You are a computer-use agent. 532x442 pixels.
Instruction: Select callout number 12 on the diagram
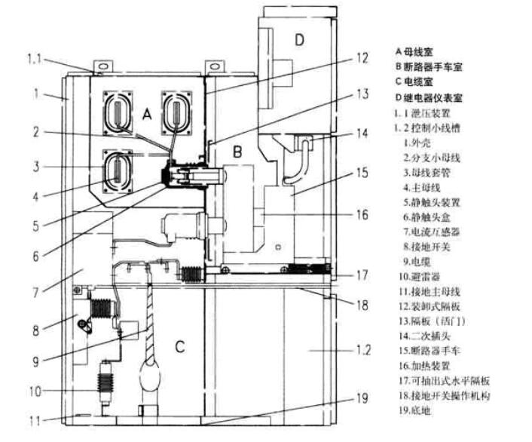click(362, 57)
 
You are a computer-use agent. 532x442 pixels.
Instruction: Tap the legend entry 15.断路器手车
click(437, 350)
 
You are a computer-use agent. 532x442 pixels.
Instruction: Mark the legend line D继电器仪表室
click(430, 98)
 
